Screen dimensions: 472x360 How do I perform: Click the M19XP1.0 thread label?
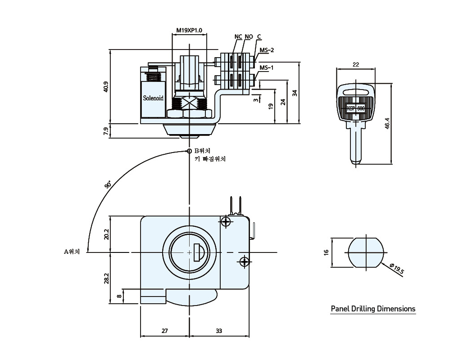(189, 30)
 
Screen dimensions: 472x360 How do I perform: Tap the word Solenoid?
(153, 98)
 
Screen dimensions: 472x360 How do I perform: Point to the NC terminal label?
(238, 37)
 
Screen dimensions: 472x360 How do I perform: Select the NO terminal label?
(249, 37)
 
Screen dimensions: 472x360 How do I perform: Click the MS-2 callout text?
(267, 50)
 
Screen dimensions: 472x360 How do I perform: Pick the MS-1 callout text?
(267, 67)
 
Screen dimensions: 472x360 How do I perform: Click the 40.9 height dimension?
(106, 86)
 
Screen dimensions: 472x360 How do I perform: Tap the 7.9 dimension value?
(106, 131)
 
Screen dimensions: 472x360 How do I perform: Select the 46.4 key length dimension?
(387, 123)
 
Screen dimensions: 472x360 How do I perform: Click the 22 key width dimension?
(356, 64)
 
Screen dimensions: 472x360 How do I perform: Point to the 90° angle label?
(108, 184)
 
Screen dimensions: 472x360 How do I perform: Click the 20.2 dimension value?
(106, 234)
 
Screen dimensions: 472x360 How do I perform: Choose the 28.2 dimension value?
(106, 279)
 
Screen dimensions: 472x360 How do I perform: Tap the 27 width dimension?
(164, 331)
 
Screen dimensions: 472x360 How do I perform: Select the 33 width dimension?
(219, 331)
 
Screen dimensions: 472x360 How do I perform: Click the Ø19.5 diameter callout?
(396, 269)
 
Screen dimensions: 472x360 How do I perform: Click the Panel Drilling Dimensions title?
(373, 309)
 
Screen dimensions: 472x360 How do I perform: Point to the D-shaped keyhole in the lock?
(199, 252)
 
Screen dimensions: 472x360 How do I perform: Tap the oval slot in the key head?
(356, 92)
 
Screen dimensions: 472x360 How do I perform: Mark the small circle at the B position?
(189, 151)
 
